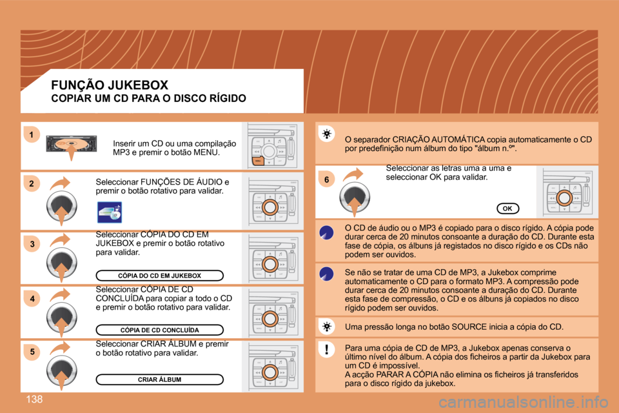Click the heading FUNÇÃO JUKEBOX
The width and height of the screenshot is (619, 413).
coord(110,85)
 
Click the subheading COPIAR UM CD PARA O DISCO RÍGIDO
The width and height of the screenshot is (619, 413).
coord(148,99)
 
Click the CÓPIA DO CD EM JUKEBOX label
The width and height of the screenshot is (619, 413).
coord(159,276)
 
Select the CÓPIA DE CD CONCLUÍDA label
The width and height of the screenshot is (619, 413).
coord(159,330)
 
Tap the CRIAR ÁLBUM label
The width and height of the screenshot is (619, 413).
coord(159,379)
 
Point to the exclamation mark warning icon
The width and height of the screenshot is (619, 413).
coord(328,350)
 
